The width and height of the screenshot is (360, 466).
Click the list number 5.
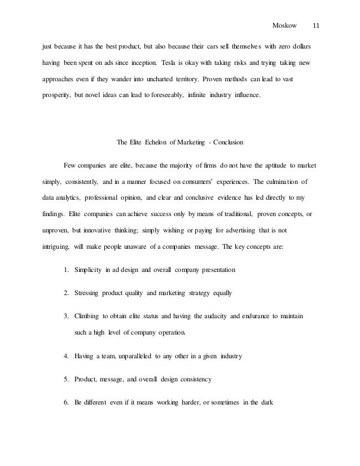(67, 380)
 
